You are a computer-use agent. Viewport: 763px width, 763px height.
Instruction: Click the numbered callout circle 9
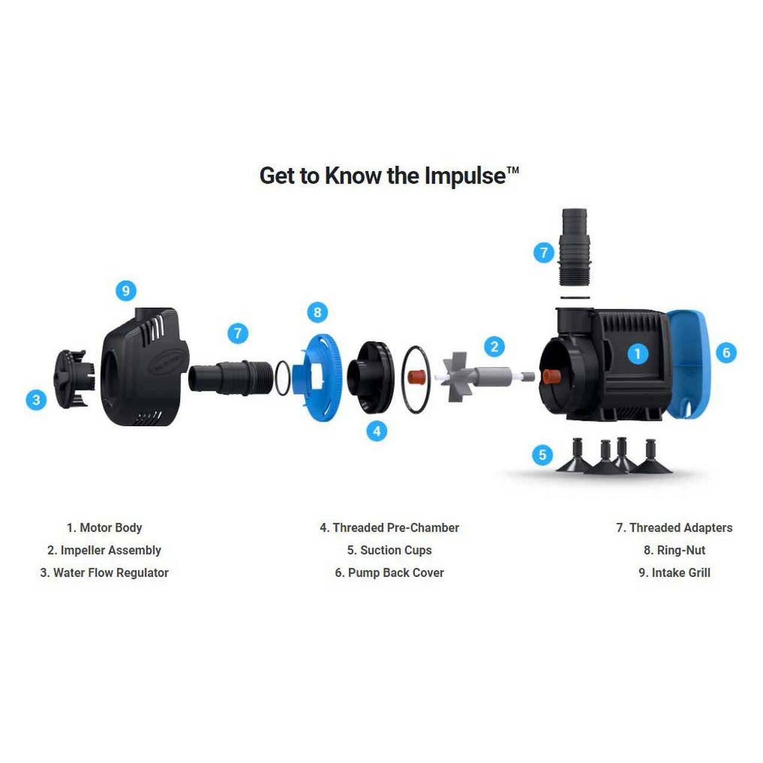(x=126, y=291)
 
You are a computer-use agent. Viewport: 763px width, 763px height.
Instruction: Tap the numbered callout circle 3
(x=36, y=399)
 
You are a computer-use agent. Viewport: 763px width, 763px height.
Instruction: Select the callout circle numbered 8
(x=318, y=313)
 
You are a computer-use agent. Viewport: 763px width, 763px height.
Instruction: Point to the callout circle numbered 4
(x=377, y=431)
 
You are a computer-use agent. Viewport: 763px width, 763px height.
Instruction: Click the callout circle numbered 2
(x=494, y=347)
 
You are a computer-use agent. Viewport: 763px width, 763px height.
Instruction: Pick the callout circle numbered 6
(x=726, y=352)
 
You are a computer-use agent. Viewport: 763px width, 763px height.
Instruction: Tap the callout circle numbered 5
(x=542, y=455)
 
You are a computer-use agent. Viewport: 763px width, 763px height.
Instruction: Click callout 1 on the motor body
(x=637, y=353)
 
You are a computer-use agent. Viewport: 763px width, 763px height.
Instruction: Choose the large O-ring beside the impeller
(x=415, y=379)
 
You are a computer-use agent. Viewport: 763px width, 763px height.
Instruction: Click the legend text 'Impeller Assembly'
(x=111, y=550)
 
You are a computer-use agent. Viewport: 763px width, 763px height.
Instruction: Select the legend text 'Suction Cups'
(x=396, y=550)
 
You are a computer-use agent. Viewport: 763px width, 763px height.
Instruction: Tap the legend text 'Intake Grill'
(x=681, y=572)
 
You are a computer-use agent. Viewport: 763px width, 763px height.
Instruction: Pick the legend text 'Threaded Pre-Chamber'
(x=396, y=528)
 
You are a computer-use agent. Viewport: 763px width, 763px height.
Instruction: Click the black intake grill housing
(x=145, y=366)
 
